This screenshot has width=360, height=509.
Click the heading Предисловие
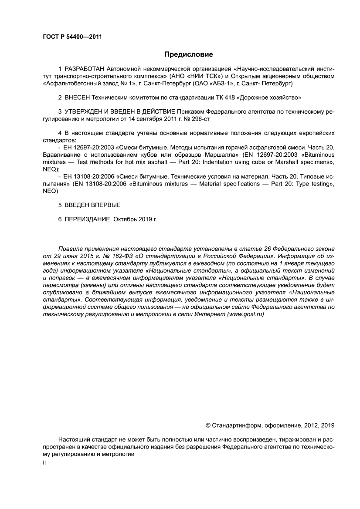coord(188,54)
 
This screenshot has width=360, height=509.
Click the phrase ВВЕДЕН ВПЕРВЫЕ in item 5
coord(92,205)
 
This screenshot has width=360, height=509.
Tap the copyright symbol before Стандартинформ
coord(207,425)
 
